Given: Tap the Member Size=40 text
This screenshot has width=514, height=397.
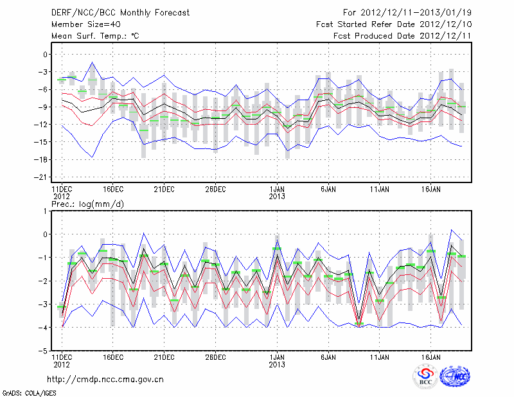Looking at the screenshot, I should pos(82,24).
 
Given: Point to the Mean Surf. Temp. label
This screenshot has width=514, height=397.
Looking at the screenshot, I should pos(95,36).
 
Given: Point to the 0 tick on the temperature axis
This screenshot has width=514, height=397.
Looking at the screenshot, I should pos(45,55).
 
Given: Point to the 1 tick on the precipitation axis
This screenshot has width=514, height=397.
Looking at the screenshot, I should pos(46,211).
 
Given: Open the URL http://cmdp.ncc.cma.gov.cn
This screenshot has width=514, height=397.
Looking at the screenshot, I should pos(105,379).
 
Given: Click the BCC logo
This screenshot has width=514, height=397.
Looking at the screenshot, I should pos(425,377).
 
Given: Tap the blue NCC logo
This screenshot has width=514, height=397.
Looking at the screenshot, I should pos(454,376).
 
